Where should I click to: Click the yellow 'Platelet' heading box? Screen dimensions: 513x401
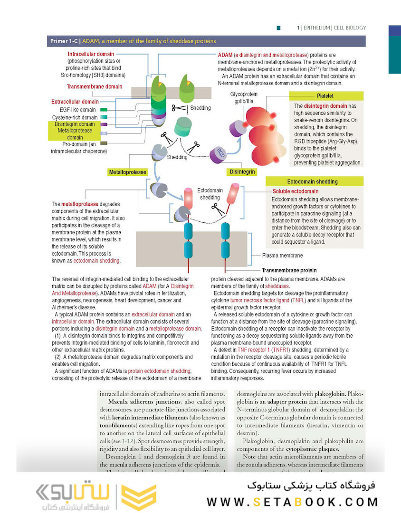[x=325, y=96]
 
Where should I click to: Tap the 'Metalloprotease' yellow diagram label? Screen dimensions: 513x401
[x=127, y=171]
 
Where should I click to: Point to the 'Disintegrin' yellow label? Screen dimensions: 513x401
[x=242, y=171]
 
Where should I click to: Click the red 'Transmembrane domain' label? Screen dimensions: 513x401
[x=95, y=87]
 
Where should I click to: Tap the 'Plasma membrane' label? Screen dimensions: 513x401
[x=282, y=256]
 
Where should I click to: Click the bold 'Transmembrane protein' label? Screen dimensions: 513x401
[x=289, y=270]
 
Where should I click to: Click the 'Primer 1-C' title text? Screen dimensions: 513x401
[x=64, y=41]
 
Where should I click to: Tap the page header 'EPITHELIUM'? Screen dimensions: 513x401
[x=317, y=28]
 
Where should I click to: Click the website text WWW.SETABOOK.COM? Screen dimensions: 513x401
[x=292, y=501]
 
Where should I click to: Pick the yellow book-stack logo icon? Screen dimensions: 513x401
[x=139, y=497]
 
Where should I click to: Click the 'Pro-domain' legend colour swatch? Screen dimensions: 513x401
[x=103, y=143]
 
